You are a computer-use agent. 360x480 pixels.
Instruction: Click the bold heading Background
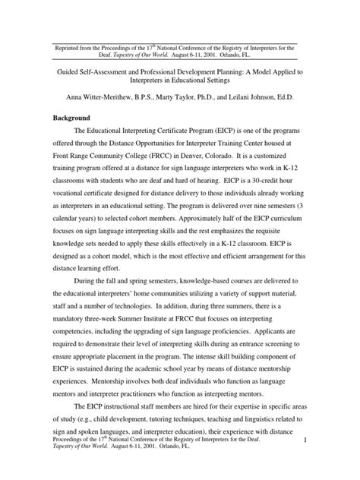[70, 118]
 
